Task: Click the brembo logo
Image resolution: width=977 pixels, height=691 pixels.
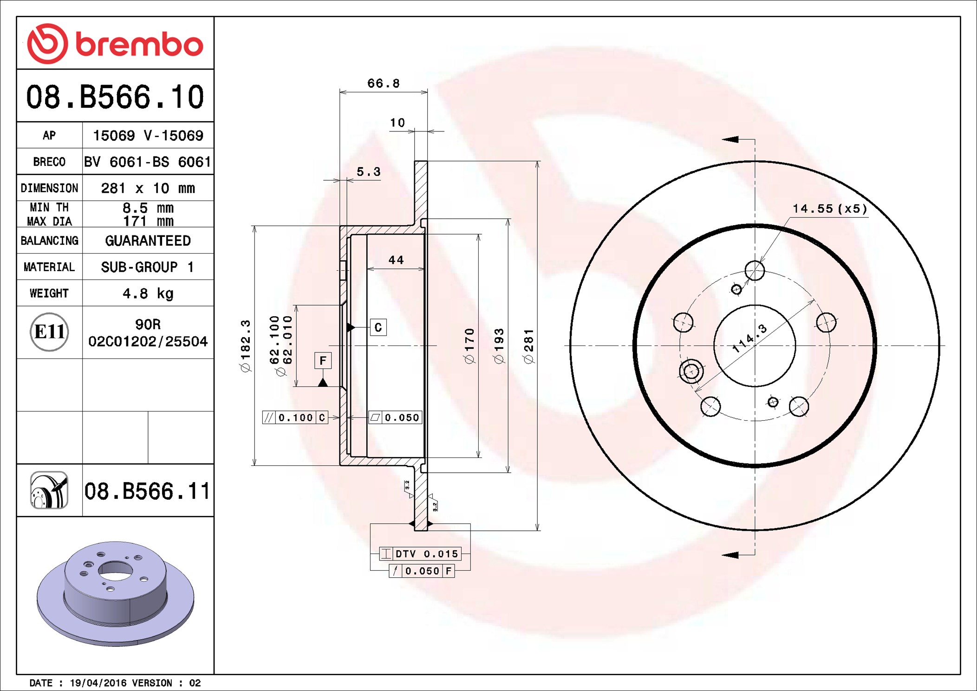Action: pos(115,44)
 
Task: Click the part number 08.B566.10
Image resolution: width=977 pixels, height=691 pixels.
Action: pos(115,97)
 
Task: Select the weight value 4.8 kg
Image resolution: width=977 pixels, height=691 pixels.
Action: pos(148,293)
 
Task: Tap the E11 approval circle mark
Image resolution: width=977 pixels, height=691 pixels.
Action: pos(49,332)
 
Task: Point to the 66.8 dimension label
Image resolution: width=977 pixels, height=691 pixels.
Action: pos(383,84)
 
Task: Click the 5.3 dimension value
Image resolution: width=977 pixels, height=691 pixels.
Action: pos(368,172)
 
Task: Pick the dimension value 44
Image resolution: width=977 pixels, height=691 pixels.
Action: pos(396,260)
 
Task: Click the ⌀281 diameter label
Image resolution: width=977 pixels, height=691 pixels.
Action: pos(528,346)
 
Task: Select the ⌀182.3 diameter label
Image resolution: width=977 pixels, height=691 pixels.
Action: pos(245,346)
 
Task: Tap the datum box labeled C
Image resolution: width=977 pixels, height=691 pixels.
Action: pos(378,327)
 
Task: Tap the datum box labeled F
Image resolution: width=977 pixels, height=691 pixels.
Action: pos(323,361)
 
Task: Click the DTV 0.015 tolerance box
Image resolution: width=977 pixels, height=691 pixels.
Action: pos(420,554)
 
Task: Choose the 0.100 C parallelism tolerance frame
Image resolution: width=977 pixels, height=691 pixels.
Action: pos(295,417)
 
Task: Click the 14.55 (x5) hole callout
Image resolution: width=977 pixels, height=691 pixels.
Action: pos(829,209)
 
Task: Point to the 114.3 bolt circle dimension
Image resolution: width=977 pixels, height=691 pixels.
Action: pos(749,339)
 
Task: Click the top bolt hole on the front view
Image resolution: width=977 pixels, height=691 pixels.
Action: pos(755,270)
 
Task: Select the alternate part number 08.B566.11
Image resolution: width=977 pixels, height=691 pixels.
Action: pos(147,491)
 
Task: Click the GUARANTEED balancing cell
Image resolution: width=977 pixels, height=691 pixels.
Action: pos(148,241)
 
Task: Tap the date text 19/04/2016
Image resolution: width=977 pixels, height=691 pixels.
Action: pos(98,683)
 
